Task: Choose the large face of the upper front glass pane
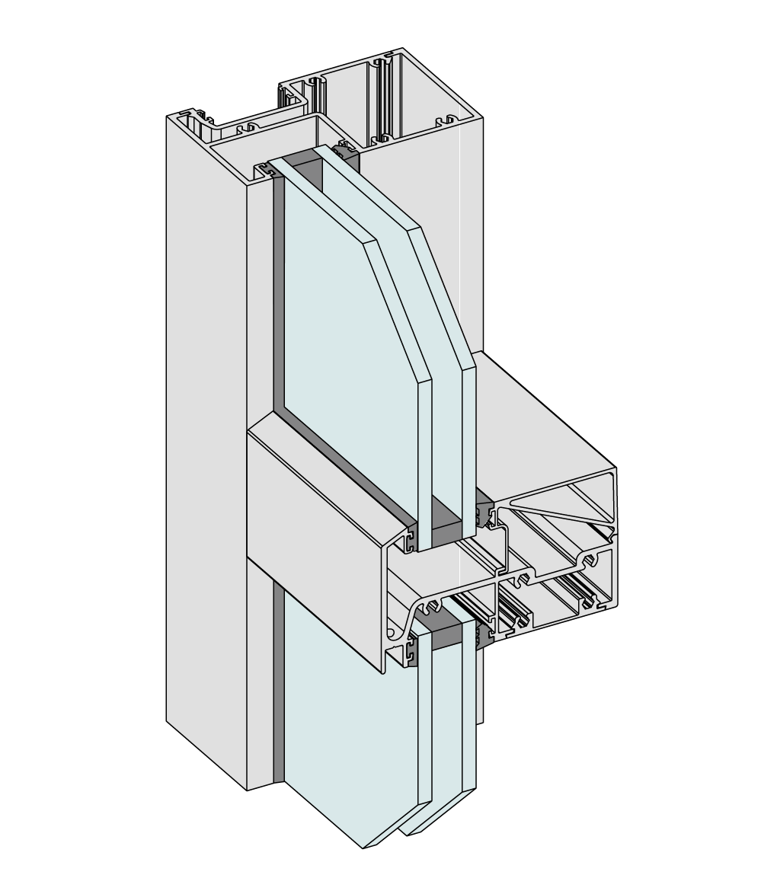click(343, 320)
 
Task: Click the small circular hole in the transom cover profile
click(392, 633)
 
